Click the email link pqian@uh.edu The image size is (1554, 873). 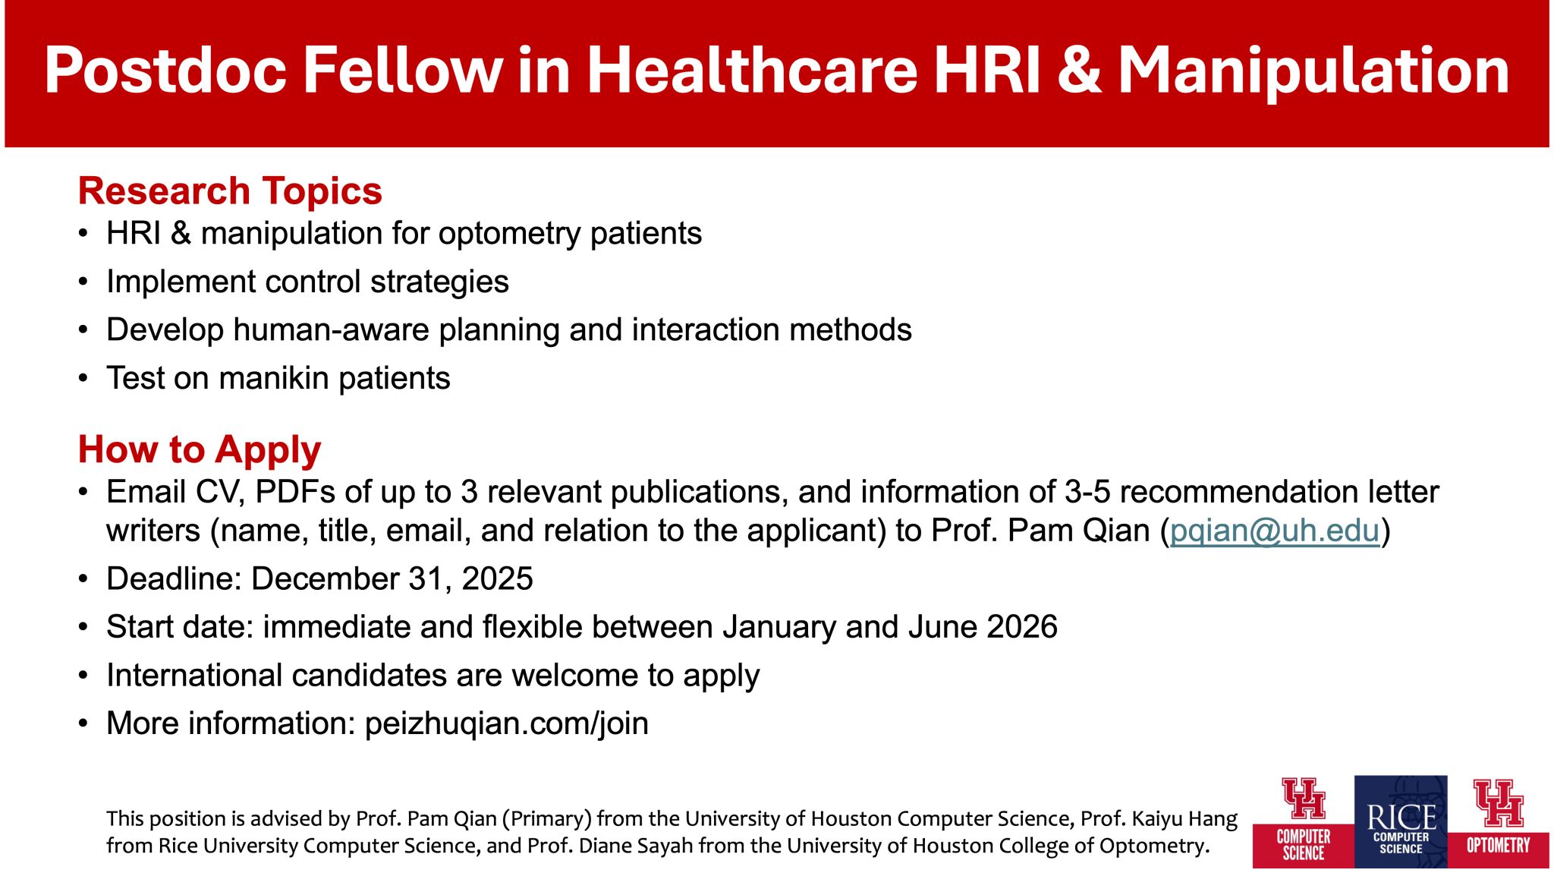tap(1275, 531)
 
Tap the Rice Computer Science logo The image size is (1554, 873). tap(1401, 821)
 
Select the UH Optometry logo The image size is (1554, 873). tap(1499, 821)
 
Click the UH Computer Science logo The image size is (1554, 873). tap(1304, 821)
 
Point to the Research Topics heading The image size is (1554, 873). tap(230, 191)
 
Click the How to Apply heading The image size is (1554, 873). tap(200, 450)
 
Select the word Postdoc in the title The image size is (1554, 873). tap(165, 71)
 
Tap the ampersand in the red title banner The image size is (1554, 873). tap(1077, 71)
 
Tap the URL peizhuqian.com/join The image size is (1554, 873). tap(506, 724)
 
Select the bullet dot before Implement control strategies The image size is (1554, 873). tap(83, 282)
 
